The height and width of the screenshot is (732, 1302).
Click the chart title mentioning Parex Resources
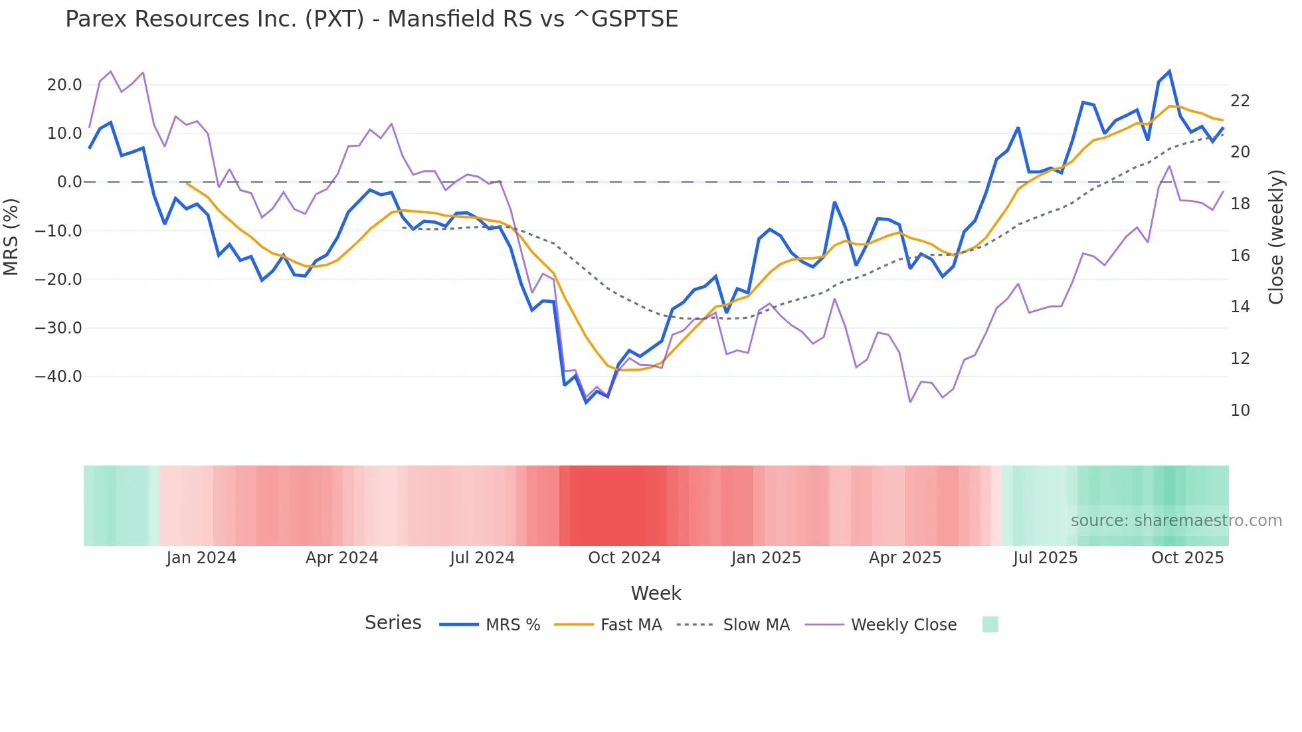click(371, 19)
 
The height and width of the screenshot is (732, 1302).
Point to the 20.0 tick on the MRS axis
click(64, 85)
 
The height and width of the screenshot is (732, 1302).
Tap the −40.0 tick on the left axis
click(58, 377)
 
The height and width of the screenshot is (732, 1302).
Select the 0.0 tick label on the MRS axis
click(69, 182)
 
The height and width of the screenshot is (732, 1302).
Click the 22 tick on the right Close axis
click(1240, 101)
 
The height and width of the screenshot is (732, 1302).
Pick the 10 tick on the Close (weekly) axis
click(1240, 411)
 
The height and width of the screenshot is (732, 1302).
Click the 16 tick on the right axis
click(1240, 256)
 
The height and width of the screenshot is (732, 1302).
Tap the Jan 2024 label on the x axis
click(201, 558)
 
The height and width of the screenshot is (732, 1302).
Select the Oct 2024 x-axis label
click(624, 558)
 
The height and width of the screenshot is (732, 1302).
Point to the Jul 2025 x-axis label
click(1045, 558)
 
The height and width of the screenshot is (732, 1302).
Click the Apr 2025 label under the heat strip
click(905, 558)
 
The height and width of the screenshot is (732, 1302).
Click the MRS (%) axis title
click(11, 236)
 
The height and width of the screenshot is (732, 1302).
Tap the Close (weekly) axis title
click(1275, 237)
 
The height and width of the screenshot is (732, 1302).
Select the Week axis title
click(656, 593)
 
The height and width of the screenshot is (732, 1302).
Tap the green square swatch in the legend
click(990, 624)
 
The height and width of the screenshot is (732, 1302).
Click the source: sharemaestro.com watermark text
click(1176, 521)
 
